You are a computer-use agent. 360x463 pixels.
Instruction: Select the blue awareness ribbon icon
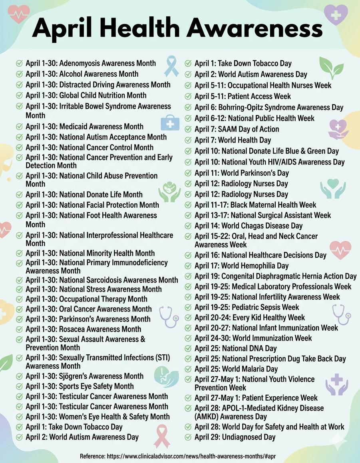(x=171, y=66)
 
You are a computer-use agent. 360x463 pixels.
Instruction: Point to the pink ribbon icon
(x=161, y=436)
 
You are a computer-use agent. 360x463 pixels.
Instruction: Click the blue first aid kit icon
(x=170, y=123)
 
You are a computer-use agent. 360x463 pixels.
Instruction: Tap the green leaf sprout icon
(x=331, y=68)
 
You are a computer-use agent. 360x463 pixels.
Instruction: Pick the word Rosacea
(x=72, y=329)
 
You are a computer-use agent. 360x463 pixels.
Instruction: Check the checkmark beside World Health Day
(x=188, y=140)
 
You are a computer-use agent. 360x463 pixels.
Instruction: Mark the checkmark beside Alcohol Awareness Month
(x=19, y=74)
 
